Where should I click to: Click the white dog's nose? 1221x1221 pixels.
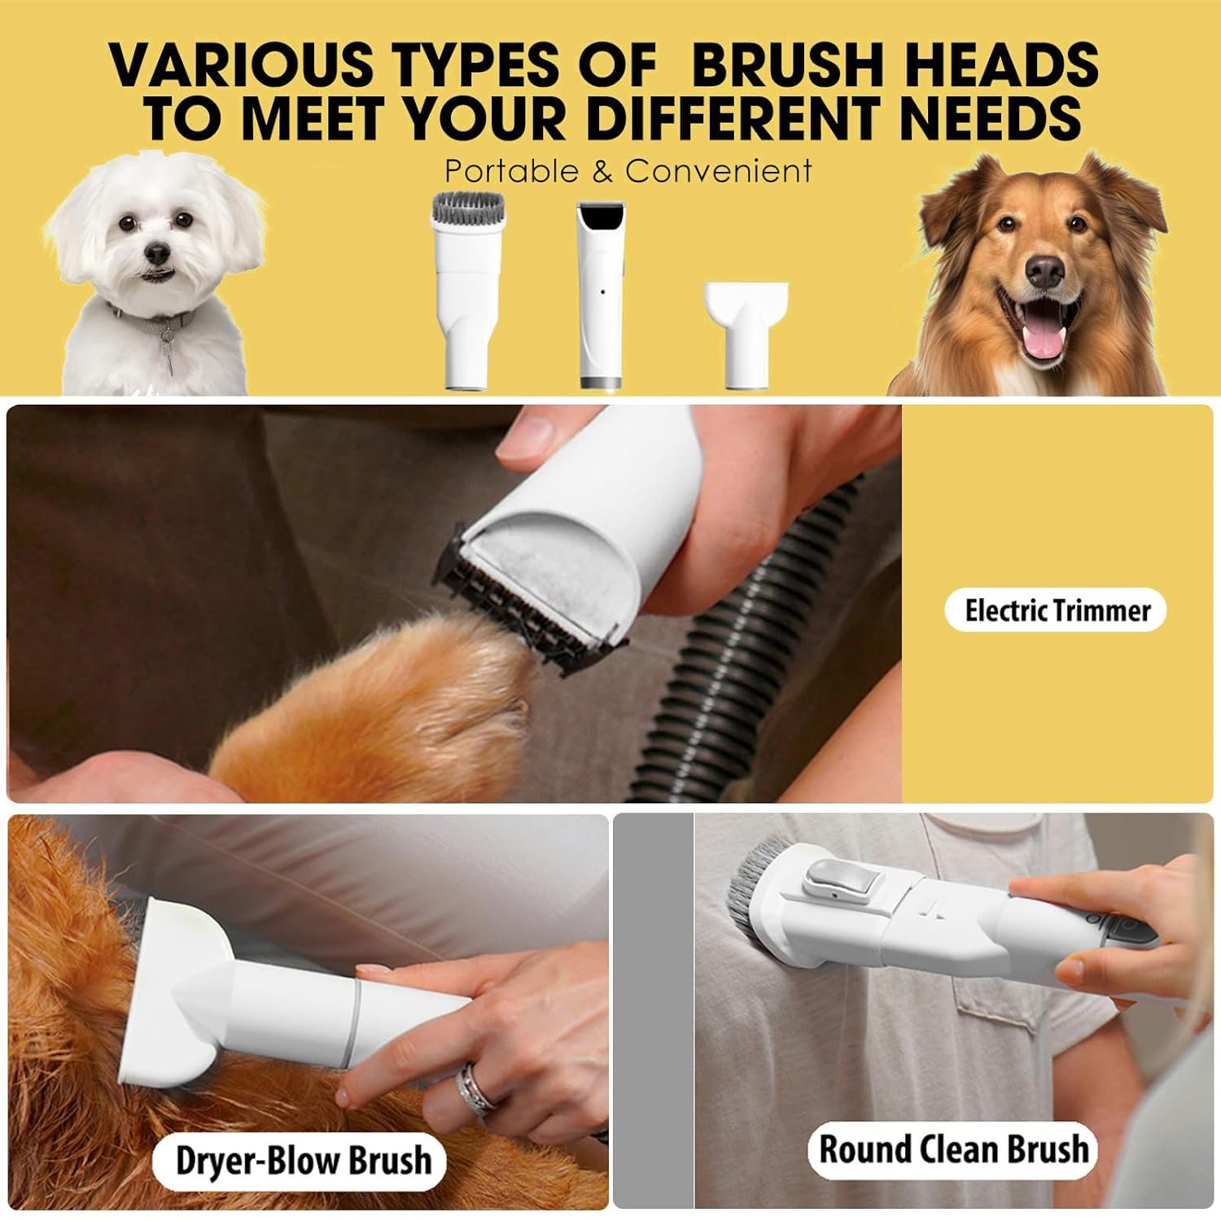pyautogui.click(x=157, y=255)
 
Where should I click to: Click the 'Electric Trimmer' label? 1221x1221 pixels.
pyautogui.click(x=1057, y=610)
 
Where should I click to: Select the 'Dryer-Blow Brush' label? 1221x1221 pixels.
pyautogui.click(x=303, y=1160)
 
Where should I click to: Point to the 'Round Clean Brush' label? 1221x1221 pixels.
pyautogui.click(x=953, y=1149)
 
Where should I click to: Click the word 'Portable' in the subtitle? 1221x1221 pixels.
pyautogui.click(x=511, y=171)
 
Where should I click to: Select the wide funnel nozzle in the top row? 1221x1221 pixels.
pyautogui.click(x=746, y=334)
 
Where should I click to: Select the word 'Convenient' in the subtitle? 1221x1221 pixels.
pyautogui.click(x=719, y=171)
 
